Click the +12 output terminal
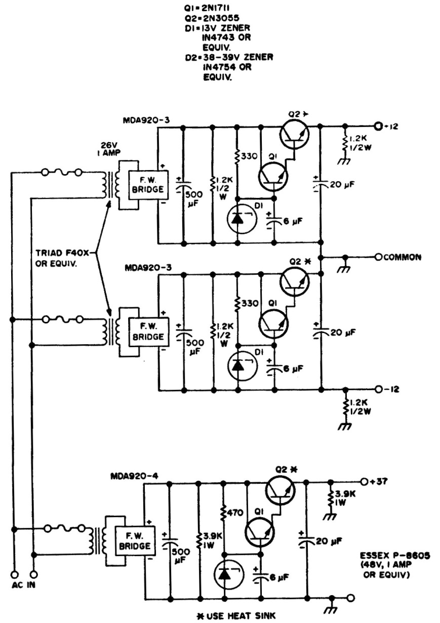pos(377,126)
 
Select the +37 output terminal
pos(364,481)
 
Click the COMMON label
pos(402,257)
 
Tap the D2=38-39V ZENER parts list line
pos(229,58)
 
